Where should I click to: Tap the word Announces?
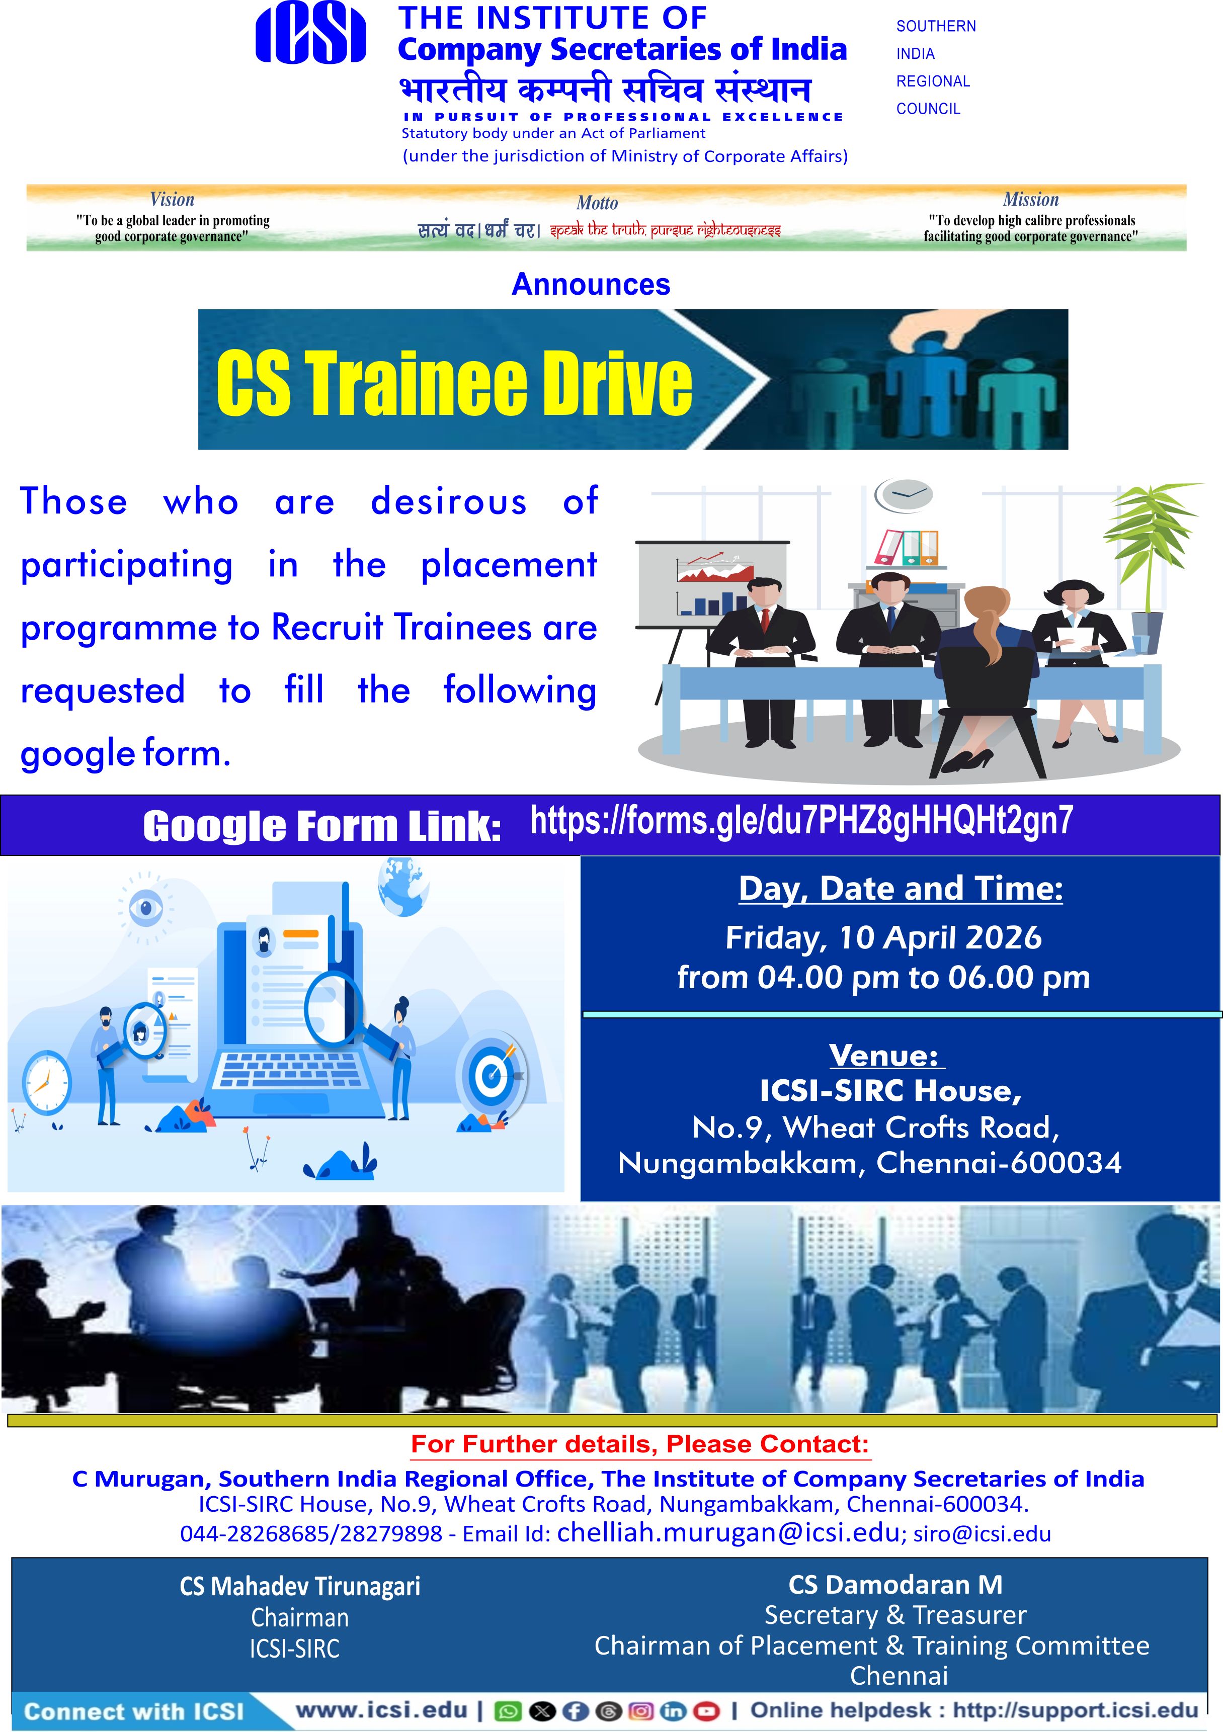point(591,285)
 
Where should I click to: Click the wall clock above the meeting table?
point(903,495)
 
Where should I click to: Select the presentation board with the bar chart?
point(712,584)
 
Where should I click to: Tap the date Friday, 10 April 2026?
point(883,937)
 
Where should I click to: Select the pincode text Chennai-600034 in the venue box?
point(999,1163)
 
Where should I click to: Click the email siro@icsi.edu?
point(983,1534)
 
